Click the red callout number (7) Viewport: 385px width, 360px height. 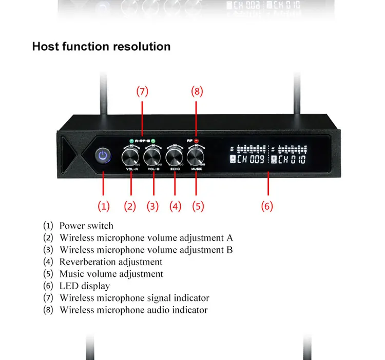point(142,92)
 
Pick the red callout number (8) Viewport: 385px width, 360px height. point(197,92)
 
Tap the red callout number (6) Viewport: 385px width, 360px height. point(266,206)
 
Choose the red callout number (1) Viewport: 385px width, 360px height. point(104,206)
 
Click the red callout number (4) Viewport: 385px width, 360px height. point(176,206)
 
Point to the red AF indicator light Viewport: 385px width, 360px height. point(196,140)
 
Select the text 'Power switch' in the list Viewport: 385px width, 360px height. point(86,226)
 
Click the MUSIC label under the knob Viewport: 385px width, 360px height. point(197,169)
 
